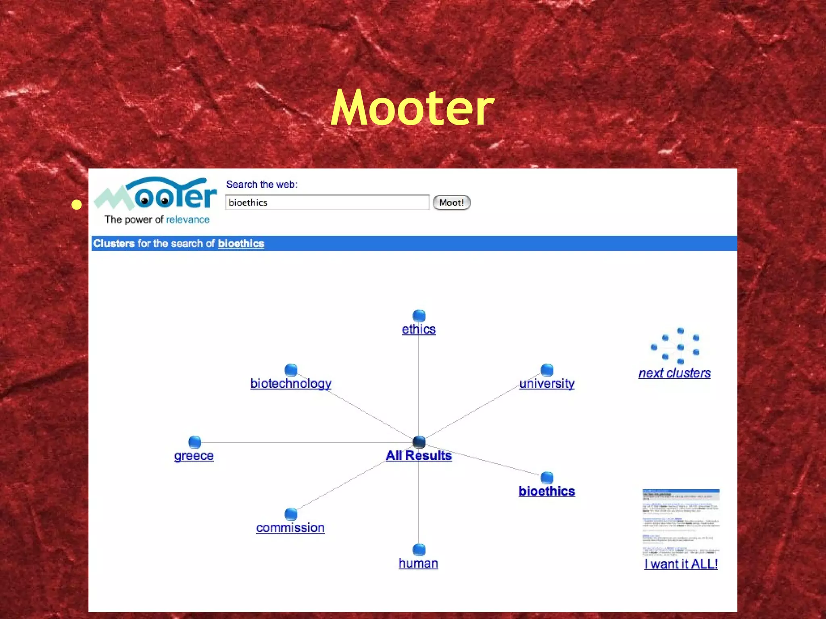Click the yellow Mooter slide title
click(412, 108)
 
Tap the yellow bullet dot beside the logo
click(76, 205)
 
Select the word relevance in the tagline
click(188, 220)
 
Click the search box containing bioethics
click(327, 202)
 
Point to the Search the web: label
click(261, 185)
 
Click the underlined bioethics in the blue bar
click(241, 243)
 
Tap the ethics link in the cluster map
click(419, 329)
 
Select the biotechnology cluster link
click(291, 383)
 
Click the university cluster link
click(546, 383)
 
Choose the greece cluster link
click(194, 455)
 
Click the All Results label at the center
click(419, 455)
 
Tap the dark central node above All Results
click(419, 442)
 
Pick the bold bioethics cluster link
click(546, 491)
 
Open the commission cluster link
click(290, 528)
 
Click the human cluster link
click(418, 563)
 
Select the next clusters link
click(674, 373)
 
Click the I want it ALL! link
click(681, 564)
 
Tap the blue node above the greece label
click(195, 442)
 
